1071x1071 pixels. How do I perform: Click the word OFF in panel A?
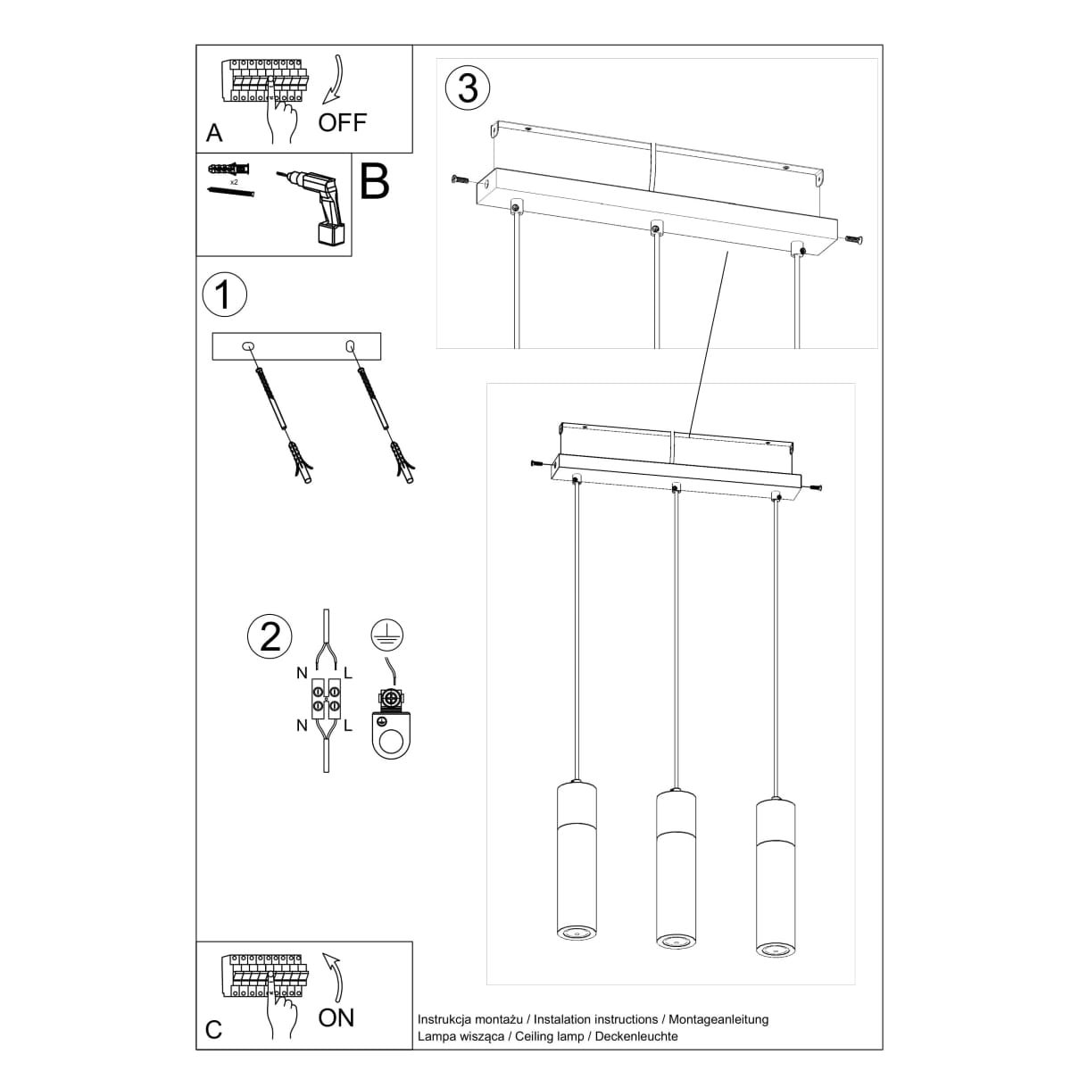(342, 122)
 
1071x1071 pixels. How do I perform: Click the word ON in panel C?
(336, 1017)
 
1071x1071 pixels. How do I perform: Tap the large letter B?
(374, 181)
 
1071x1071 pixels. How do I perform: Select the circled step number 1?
(224, 295)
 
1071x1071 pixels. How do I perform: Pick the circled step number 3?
(468, 87)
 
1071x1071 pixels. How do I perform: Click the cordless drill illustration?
(313, 203)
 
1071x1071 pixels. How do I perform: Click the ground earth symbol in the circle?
(386, 635)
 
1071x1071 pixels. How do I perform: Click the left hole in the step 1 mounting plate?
(249, 345)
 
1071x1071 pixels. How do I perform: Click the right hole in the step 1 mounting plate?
(350, 345)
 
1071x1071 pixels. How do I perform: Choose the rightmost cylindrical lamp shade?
(774, 876)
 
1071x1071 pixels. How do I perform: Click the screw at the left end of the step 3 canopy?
(459, 180)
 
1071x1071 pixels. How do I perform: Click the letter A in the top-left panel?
(214, 134)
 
